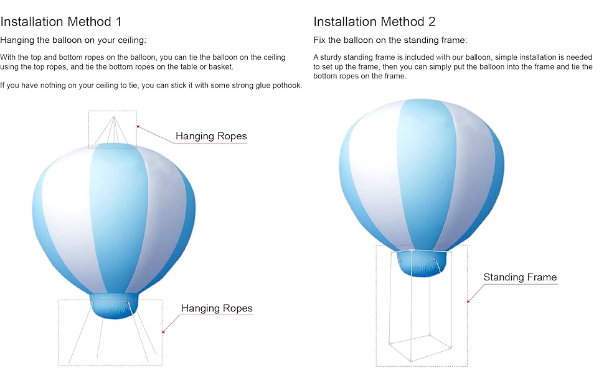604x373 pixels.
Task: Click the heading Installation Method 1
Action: click(61, 22)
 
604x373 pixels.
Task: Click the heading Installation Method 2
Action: click(374, 22)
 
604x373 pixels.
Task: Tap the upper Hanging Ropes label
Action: click(211, 136)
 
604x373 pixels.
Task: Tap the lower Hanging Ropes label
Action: click(217, 308)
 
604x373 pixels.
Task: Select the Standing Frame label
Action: click(520, 277)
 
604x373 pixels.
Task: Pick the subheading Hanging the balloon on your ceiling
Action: click(73, 40)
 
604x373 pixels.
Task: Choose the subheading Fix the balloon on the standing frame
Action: click(390, 40)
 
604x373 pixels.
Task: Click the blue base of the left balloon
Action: click(113, 306)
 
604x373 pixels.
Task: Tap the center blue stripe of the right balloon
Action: click(426, 174)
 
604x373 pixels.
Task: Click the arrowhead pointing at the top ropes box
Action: click(138, 126)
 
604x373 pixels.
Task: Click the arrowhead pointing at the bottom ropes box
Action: click(164, 332)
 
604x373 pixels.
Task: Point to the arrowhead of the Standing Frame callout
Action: click(469, 301)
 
